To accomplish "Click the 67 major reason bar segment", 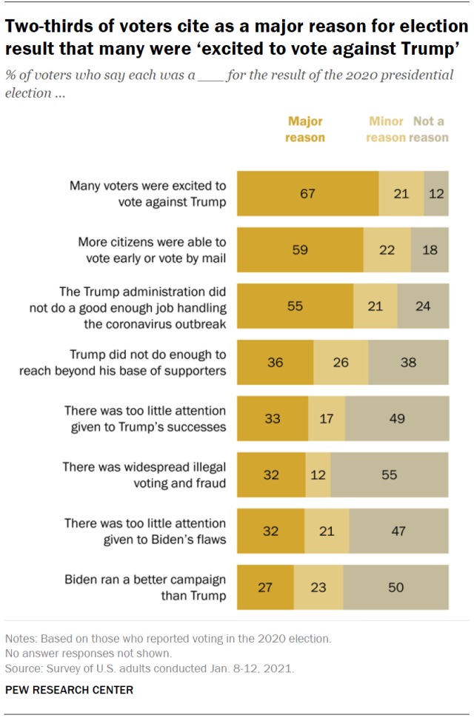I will point(308,194).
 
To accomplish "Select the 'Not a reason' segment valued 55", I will point(390,474).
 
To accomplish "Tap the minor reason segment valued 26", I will point(341,362).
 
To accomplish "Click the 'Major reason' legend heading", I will point(306,129).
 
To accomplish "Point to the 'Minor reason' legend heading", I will point(386,129).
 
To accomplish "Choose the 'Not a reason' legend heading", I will point(429,129).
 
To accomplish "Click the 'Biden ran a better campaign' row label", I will point(145,587).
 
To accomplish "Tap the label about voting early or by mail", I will point(152,249).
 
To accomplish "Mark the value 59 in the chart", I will point(300,250).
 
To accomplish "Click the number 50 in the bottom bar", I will point(395,587).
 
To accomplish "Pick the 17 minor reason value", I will point(326,418).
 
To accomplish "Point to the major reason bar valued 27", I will point(265,587).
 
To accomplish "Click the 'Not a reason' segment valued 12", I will point(436,194).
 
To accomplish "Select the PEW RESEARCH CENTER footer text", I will point(70,690).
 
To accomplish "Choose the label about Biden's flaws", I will point(145,531).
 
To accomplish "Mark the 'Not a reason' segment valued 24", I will point(423,306).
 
